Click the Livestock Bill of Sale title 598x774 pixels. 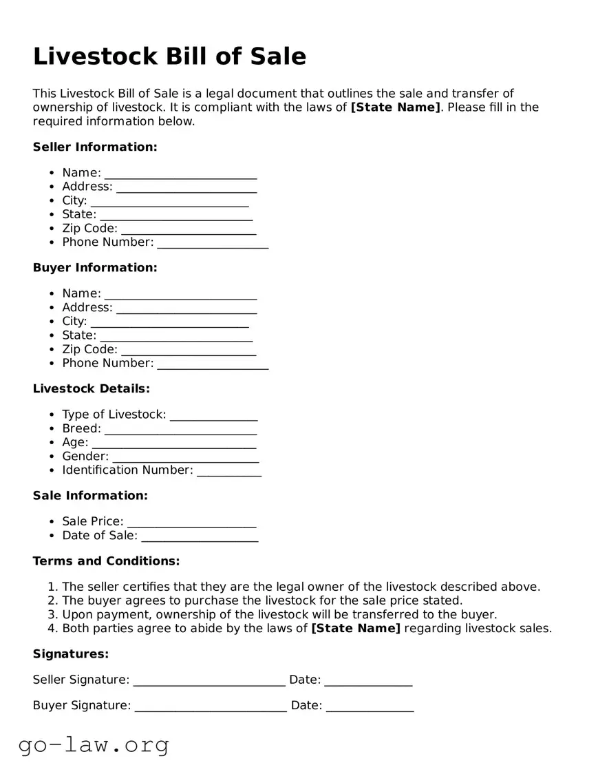pyautogui.click(x=169, y=56)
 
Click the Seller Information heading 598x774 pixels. pyautogui.click(x=95, y=147)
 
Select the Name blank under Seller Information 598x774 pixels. pyautogui.click(x=180, y=174)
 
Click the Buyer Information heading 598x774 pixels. pyautogui.click(x=95, y=267)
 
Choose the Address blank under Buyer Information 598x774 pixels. pyautogui.click(x=186, y=308)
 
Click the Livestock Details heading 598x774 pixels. pyautogui.click(x=91, y=388)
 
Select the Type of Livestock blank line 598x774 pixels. pyautogui.click(x=213, y=415)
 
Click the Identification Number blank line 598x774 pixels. pyautogui.click(x=228, y=471)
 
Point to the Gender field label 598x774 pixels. pyautogui.click(x=85, y=456)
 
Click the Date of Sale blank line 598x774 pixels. pyautogui.click(x=200, y=536)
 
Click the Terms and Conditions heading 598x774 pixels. pyautogui.click(x=106, y=561)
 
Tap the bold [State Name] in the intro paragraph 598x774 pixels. pyautogui.click(x=396, y=107)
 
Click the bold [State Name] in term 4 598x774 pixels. pyautogui.click(x=356, y=628)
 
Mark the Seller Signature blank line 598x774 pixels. pyautogui.click(x=209, y=681)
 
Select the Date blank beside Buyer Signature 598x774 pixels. pyautogui.click(x=370, y=707)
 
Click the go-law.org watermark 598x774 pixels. pyautogui.click(x=94, y=745)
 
